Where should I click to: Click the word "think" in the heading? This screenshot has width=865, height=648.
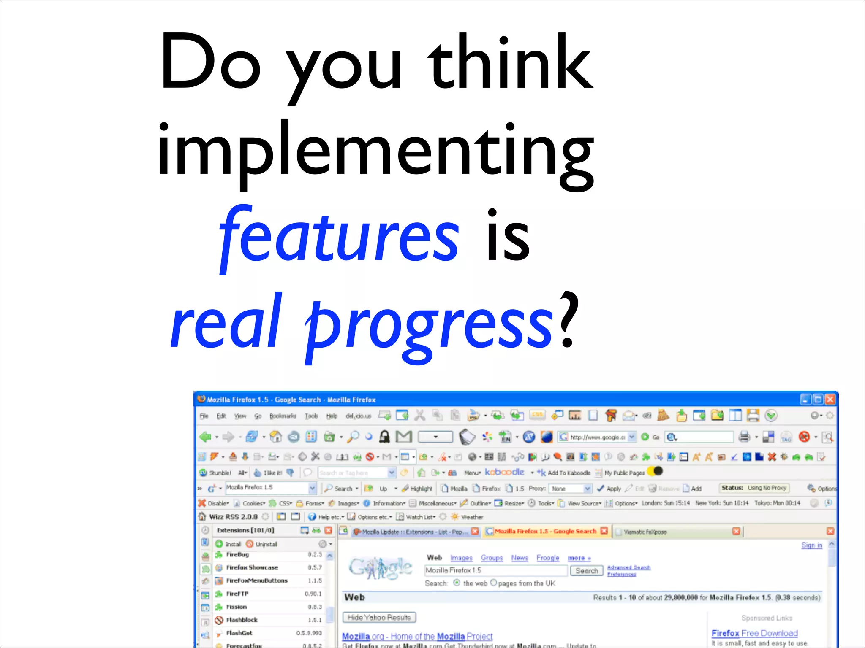(x=510, y=63)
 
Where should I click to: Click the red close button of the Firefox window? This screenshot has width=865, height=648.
(x=830, y=399)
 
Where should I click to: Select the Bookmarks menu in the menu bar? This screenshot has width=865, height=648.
(x=283, y=416)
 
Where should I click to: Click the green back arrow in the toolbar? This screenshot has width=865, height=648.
(x=206, y=437)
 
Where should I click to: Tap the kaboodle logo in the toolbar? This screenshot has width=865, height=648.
(x=504, y=472)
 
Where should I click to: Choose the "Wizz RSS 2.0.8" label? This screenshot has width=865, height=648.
(x=233, y=517)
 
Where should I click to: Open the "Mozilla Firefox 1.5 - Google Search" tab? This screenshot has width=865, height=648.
(x=545, y=531)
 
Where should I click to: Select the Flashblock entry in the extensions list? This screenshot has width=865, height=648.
(x=242, y=620)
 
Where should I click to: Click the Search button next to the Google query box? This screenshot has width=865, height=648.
(x=587, y=571)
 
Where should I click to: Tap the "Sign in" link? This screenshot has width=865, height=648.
(x=812, y=545)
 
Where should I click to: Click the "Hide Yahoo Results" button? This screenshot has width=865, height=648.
(x=379, y=618)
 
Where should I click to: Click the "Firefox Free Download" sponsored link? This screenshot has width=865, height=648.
(x=754, y=633)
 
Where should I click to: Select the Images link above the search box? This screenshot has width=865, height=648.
(x=461, y=558)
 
